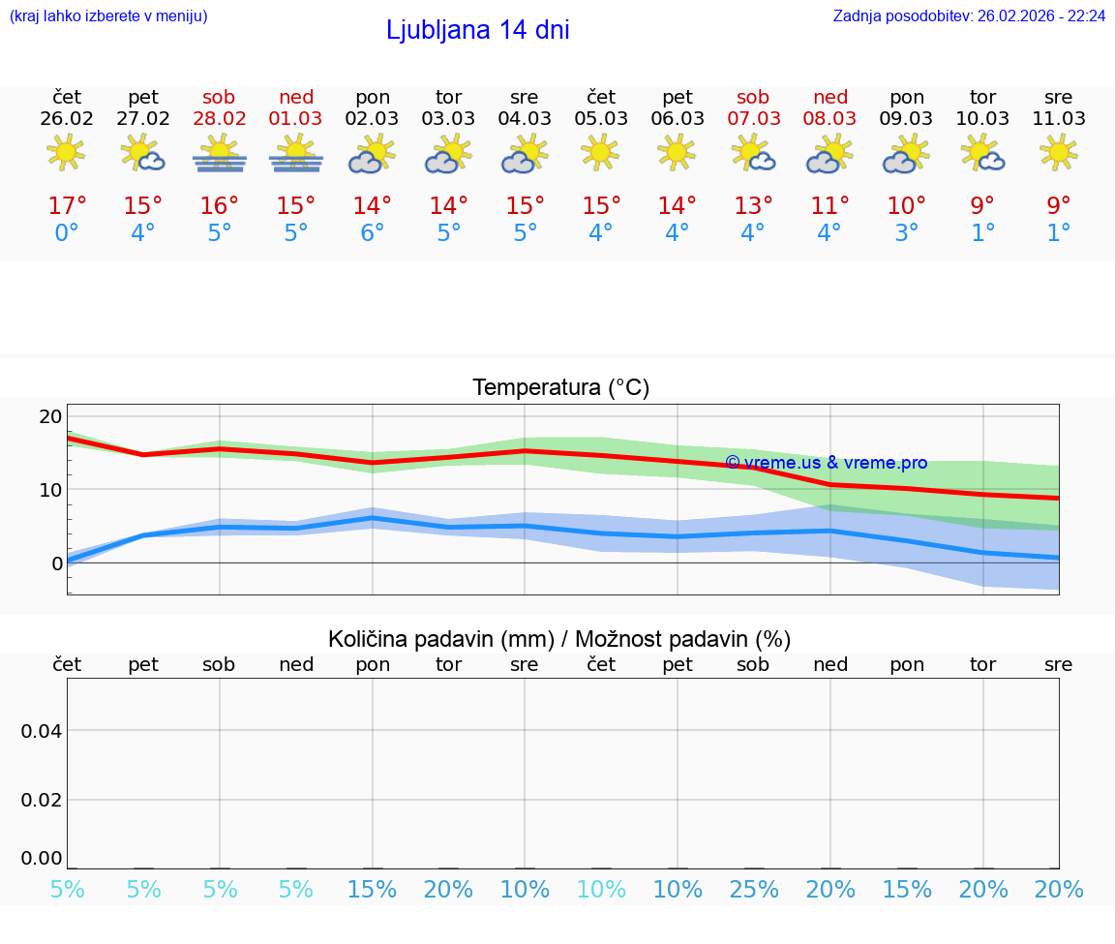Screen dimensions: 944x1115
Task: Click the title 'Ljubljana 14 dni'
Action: click(x=477, y=30)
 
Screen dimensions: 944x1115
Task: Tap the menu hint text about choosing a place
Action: click(x=108, y=15)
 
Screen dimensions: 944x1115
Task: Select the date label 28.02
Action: click(x=220, y=118)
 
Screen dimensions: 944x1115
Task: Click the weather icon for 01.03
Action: click(x=296, y=154)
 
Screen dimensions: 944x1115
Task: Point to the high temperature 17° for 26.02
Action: click(x=67, y=206)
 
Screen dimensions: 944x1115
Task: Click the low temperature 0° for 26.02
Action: click(x=67, y=233)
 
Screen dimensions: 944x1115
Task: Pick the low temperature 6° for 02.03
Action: click(x=373, y=233)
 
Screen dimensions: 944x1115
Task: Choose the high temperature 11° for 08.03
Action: click(x=830, y=206)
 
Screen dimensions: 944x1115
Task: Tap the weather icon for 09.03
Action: click(x=907, y=154)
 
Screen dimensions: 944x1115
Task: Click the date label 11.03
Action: click(x=1059, y=118)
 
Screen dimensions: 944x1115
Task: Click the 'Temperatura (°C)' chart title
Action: click(x=560, y=387)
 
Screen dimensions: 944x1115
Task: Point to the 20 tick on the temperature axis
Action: click(x=50, y=416)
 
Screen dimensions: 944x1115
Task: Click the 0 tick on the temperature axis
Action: click(x=57, y=563)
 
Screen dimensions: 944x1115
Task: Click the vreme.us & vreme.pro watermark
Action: click(x=826, y=463)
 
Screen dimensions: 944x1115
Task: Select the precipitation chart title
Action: click(x=559, y=639)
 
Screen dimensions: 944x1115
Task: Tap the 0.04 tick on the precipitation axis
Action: click(x=42, y=731)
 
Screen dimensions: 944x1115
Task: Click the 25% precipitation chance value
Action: click(x=754, y=889)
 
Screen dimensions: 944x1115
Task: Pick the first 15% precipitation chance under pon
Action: click(x=373, y=889)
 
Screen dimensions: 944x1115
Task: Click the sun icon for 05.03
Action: click(x=601, y=153)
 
